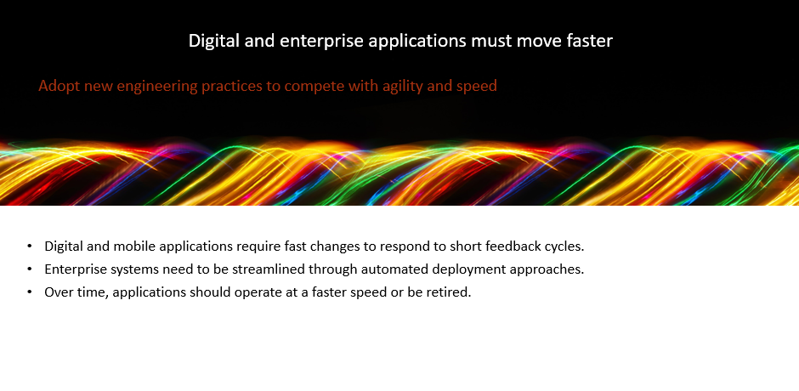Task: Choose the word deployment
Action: [x=457, y=269]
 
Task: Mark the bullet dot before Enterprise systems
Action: [x=30, y=269]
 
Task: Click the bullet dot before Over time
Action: [x=30, y=292]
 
